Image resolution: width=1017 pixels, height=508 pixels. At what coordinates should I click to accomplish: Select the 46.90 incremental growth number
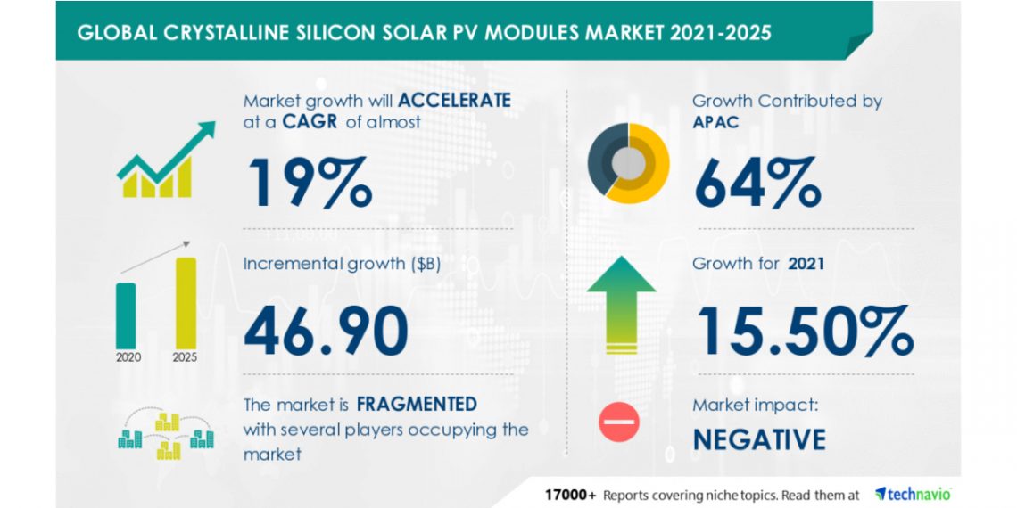tap(326, 330)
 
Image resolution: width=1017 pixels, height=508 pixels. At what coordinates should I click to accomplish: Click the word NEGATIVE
tap(759, 439)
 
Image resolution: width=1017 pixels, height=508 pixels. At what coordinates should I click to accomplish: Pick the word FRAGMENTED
tap(417, 404)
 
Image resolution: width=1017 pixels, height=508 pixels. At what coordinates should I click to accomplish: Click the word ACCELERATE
tap(455, 100)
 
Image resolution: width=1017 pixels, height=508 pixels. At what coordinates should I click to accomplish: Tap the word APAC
tap(716, 122)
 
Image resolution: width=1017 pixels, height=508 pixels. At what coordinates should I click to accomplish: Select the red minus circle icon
tap(619, 422)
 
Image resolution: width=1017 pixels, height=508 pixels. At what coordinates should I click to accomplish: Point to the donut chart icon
tap(628, 163)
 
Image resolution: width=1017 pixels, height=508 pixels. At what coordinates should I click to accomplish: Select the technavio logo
tap(913, 493)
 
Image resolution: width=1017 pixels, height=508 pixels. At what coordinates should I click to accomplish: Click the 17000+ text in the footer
tap(571, 494)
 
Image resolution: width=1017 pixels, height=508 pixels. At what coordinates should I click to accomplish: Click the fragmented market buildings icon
tap(167, 434)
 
